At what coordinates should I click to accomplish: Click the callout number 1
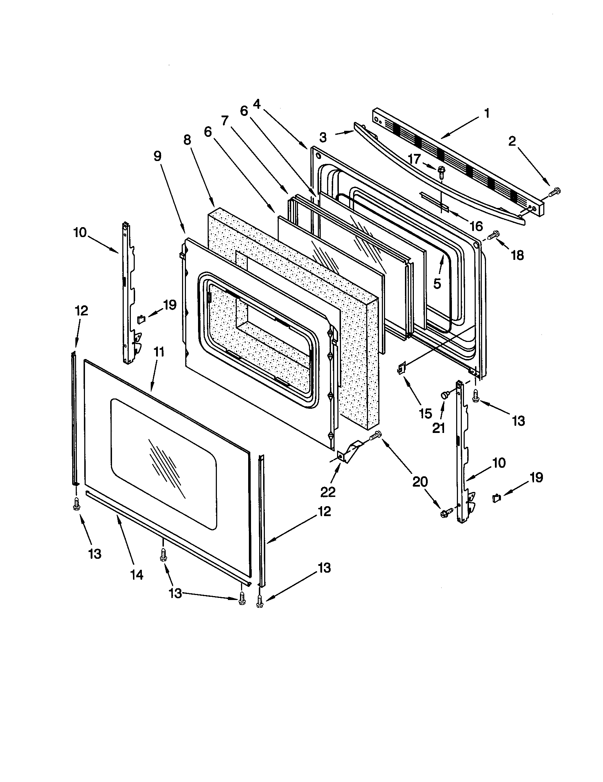[486, 113]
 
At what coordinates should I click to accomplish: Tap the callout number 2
[512, 141]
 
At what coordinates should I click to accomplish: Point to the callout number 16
[475, 226]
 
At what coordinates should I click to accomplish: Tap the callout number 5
[437, 283]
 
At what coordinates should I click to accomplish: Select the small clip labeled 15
[401, 368]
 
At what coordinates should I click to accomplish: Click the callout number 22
[328, 492]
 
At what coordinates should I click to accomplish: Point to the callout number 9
[157, 156]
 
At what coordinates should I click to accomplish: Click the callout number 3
[322, 137]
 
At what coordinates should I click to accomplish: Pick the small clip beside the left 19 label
[141, 319]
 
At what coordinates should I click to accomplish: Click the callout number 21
[438, 428]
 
